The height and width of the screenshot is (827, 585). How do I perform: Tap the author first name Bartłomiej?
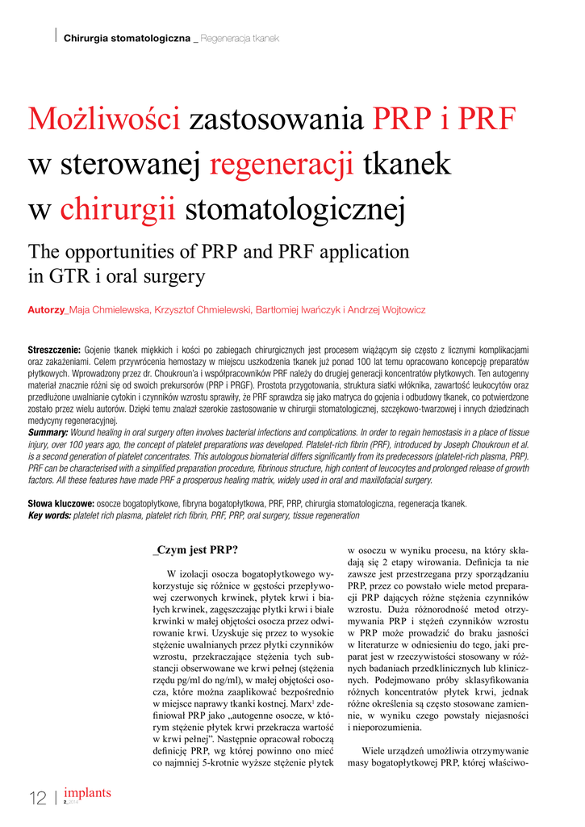point(282,310)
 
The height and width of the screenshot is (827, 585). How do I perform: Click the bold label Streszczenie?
point(54,350)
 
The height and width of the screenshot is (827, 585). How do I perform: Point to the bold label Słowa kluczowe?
point(61,503)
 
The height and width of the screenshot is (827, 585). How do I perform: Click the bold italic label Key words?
point(49,514)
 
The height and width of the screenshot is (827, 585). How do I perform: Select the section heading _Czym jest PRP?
point(196,551)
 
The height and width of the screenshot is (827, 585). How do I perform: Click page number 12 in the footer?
point(37,799)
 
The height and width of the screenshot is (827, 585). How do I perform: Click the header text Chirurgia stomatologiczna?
point(127,39)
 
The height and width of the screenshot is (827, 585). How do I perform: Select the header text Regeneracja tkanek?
point(240,39)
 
